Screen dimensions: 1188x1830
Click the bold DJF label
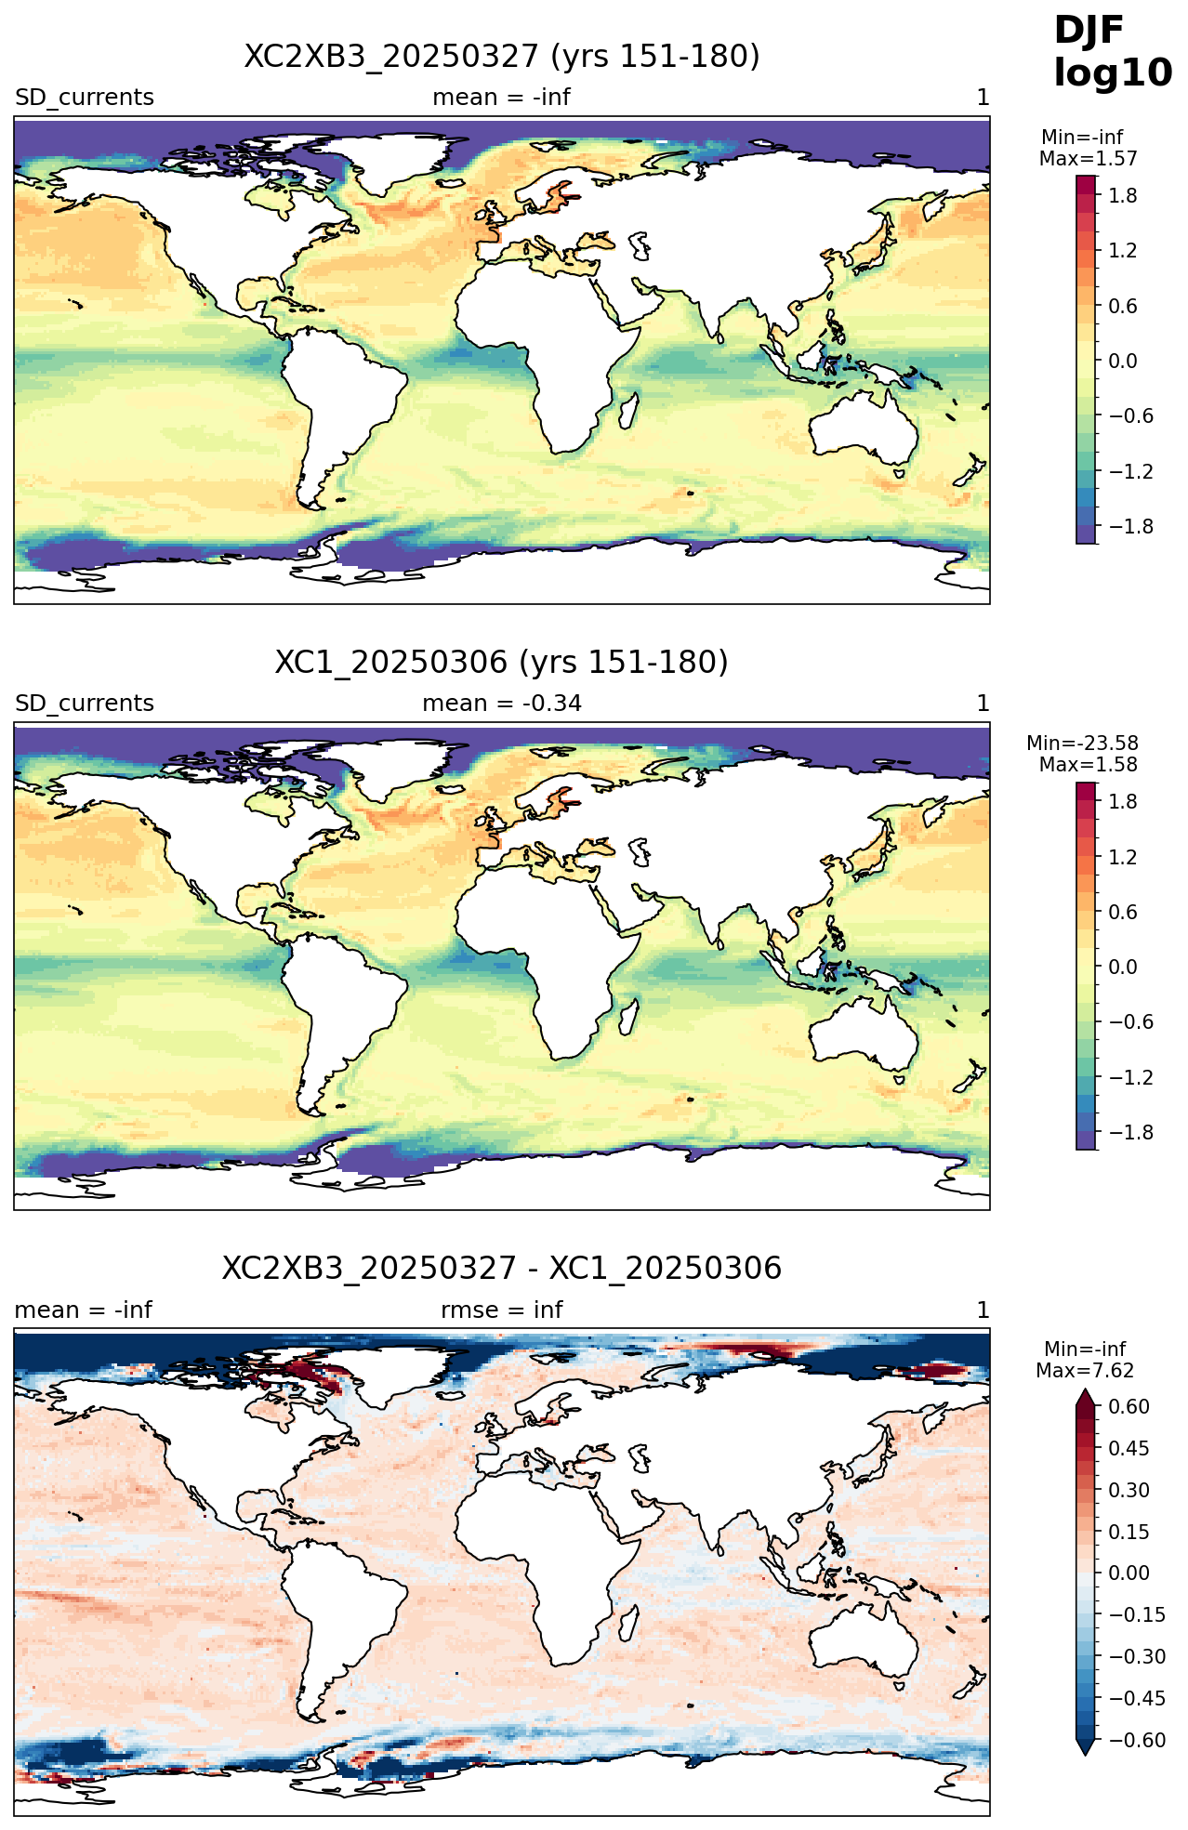point(1089,31)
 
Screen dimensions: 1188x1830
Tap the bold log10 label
point(1113,74)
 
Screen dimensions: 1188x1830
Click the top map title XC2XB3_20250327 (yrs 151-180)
point(502,57)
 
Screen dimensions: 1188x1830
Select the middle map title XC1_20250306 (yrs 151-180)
point(502,663)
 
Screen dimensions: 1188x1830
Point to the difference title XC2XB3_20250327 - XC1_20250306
point(502,1268)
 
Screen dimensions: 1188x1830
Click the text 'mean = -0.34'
point(502,704)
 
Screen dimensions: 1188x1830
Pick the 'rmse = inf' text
point(502,1310)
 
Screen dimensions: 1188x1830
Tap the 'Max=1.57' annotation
point(1088,159)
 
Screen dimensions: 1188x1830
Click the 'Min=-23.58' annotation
point(1082,744)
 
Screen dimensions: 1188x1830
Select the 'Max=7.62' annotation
point(1085,1371)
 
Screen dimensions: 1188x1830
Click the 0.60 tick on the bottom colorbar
point(1129,1407)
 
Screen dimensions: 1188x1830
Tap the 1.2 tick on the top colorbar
point(1123,251)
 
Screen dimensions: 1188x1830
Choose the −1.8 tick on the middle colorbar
point(1124,1132)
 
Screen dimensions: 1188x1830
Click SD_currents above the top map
point(85,98)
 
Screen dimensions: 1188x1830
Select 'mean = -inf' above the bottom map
point(84,1310)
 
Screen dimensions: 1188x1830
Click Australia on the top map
point(865,428)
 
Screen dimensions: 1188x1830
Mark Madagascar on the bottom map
point(629,1626)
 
